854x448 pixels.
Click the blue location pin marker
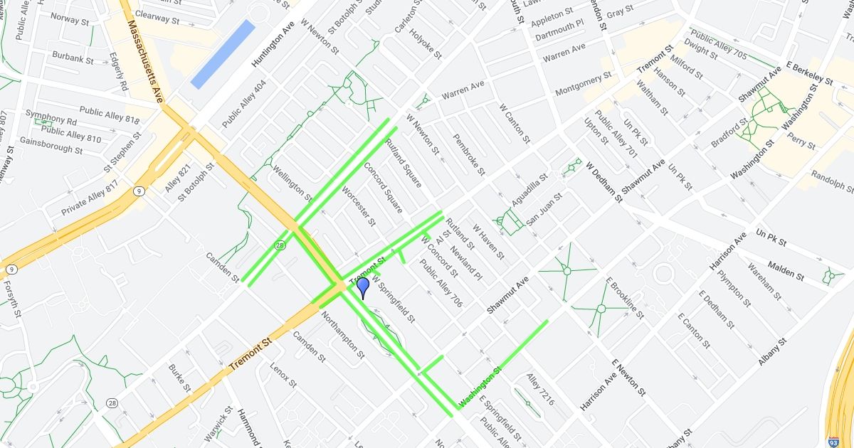(x=363, y=287)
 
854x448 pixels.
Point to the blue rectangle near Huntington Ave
(x=223, y=54)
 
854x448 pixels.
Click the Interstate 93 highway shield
(x=833, y=442)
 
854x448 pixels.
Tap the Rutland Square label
(x=403, y=163)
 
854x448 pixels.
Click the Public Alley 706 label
(x=441, y=283)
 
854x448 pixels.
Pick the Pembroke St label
(x=469, y=155)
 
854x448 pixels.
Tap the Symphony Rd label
(x=51, y=117)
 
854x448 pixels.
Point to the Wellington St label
(x=292, y=182)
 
